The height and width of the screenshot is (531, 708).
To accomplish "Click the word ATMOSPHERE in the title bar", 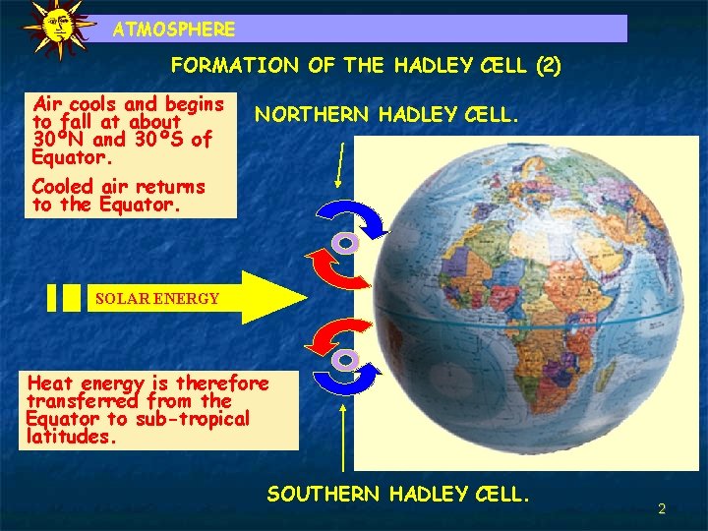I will coord(174,29).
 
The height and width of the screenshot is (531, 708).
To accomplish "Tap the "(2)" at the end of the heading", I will coord(548,66).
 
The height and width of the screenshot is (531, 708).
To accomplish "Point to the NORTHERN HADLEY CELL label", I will coord(385,115).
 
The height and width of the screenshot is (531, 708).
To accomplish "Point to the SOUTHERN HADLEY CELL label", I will coord(398,494).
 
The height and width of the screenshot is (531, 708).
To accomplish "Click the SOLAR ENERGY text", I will coord(157,298).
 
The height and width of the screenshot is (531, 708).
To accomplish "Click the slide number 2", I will coord(662,508).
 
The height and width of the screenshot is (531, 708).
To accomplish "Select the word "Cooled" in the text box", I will coord(64,186).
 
